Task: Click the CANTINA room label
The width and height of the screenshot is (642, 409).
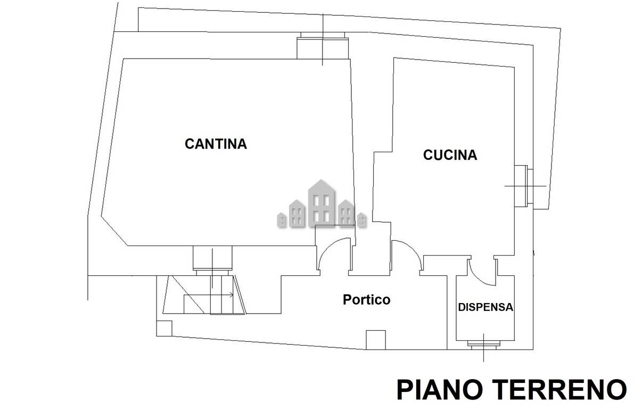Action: [x=216, y=144]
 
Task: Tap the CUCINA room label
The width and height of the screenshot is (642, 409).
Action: [x=450, y=155]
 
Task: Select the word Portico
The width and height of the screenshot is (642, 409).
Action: [x=366, y=300]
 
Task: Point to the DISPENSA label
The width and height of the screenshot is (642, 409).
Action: [x=485, y=307]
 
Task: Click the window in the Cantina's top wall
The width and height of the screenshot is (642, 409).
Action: [x=323, y=46]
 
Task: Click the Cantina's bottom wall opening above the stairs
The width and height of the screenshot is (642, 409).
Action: [x=212, y=259]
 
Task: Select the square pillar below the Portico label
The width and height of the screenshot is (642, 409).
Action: [x=375, y=340]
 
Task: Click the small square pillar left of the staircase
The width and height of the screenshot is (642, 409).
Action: [x=164, y=328]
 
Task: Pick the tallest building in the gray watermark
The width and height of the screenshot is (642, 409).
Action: [x=322, y=203]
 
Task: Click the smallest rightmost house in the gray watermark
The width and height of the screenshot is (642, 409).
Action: [x=362, y=219]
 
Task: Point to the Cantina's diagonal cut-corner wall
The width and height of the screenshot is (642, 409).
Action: [x=114, y=231]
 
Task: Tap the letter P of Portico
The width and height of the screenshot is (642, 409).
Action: [x=347, y=300]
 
